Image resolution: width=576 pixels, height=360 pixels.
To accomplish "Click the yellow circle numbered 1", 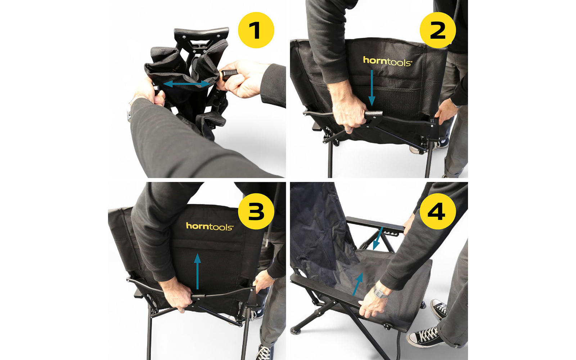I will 256,30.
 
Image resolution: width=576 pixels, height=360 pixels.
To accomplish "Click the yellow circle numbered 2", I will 438,30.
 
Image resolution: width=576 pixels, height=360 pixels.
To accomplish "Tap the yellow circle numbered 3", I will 256,211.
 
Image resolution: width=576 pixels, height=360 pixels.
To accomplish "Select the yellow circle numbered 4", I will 438,211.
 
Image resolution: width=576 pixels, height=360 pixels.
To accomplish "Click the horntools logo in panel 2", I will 387,61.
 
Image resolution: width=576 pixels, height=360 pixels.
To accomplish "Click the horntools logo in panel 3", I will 210,226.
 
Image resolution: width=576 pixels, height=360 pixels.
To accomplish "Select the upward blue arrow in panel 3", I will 197,272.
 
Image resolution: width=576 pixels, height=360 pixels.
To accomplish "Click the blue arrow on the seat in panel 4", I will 357,284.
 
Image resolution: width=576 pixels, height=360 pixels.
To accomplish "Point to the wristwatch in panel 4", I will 379,291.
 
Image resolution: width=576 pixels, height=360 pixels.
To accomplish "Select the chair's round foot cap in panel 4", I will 296,330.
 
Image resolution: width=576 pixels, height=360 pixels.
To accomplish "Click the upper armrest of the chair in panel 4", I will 374,224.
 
